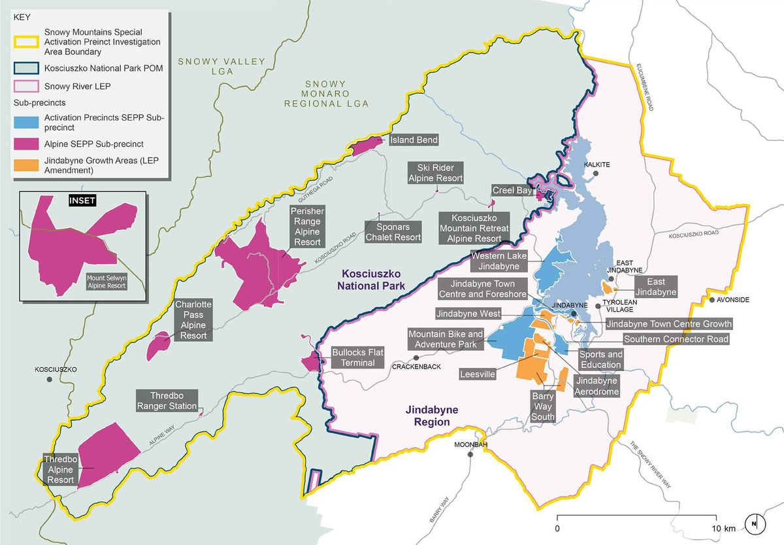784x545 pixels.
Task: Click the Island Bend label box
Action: pos(414,140)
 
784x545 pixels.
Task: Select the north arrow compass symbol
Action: pos(754,523)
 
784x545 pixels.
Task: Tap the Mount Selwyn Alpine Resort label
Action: pos(108,281)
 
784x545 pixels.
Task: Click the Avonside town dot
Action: pos(713,300)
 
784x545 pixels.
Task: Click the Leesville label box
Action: pos(478,374)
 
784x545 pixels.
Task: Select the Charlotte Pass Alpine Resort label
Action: pos(191,320)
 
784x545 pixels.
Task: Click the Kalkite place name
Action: pos(597,165)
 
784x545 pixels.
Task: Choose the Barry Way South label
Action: pos(543,406)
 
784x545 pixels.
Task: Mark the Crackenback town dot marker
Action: pos(417,358)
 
